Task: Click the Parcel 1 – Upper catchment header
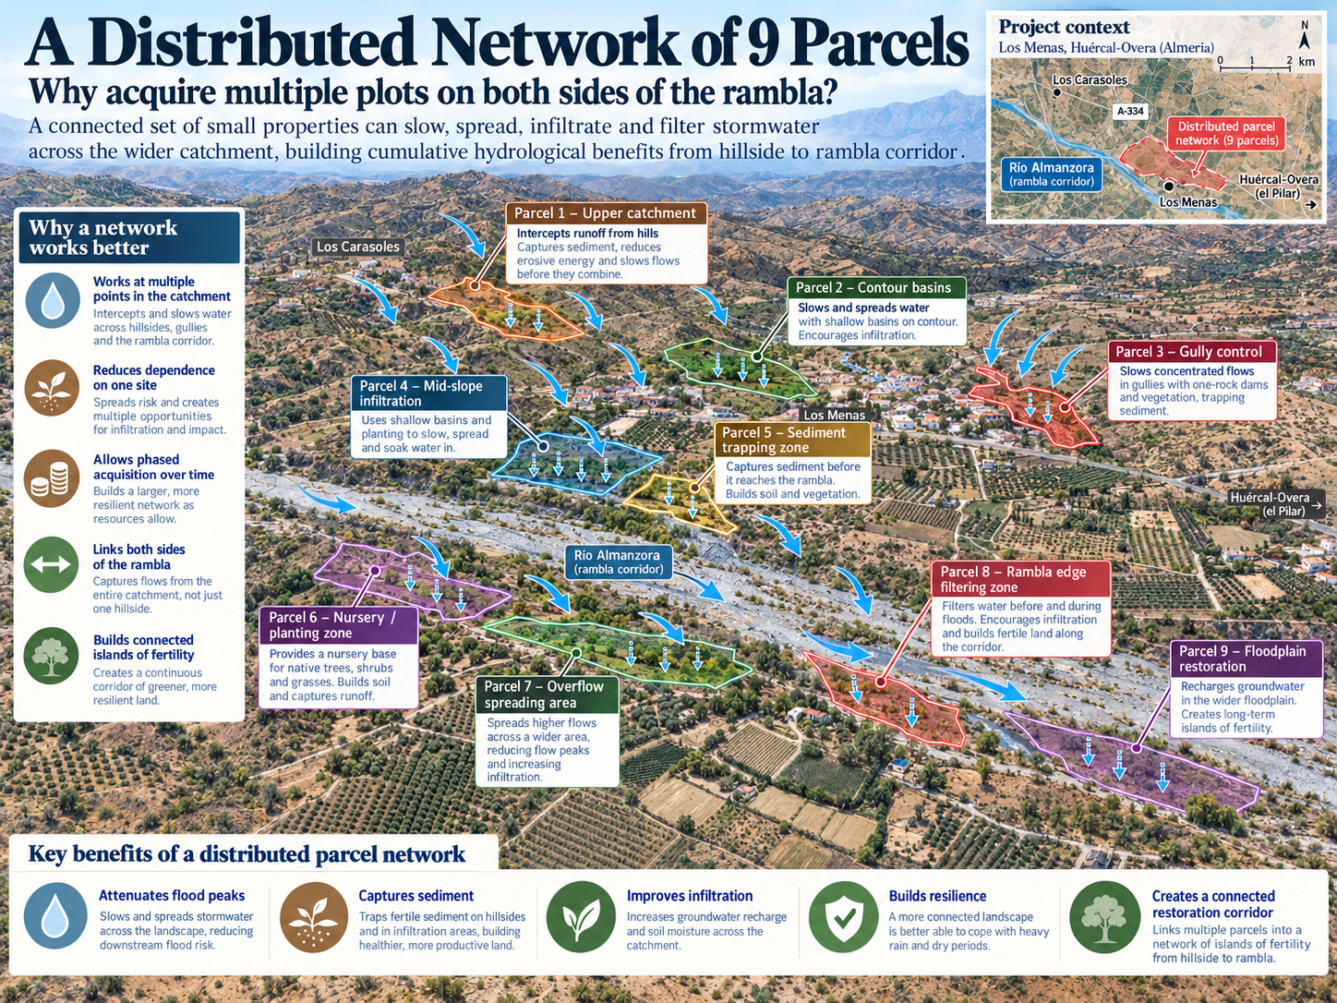point(606,213)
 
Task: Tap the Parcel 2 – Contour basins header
point(876,287)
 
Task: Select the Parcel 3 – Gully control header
point(1192,351)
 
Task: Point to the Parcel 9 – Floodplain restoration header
point(1247,659)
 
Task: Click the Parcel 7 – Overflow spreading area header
point(547,695)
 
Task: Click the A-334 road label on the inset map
point(1130,111)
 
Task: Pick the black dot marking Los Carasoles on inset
point(1057,92)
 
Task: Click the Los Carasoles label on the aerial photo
point(357,247)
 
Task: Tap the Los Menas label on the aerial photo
point(834,415)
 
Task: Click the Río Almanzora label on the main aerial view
point(619,562)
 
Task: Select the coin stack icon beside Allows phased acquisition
point(51,478)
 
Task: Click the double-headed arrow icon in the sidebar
point(51,564)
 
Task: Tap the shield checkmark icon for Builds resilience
point(843,917)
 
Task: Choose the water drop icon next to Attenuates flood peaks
point(54,916)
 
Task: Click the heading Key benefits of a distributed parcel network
point(247,853)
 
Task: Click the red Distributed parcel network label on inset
point(1226,134)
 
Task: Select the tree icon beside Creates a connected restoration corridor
point(1104,917)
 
